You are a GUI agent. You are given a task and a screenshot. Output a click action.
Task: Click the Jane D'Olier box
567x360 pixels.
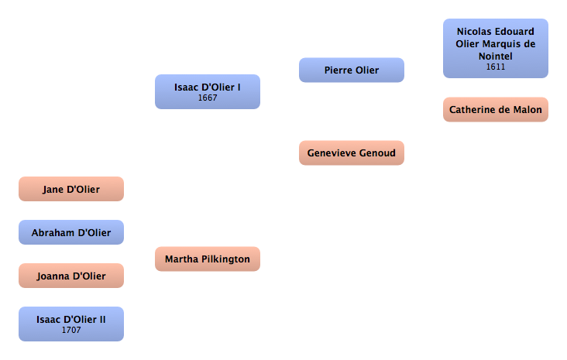pyautogui.click(x=70, y=189)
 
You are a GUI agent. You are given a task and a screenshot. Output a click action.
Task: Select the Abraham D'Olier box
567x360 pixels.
pyautogui.click(x=70, y=232)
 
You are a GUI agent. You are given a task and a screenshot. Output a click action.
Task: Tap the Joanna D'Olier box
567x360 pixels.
pyautogui.click(x=70, y=276)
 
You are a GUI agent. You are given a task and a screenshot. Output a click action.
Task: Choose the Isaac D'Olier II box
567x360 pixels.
pyautogui.click(x=70, y=324)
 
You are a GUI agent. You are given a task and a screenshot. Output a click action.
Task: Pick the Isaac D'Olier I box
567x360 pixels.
pyautogui.click(x=207, y=91)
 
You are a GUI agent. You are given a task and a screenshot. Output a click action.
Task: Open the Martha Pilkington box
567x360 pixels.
pyautogui.click(x=207, y=259)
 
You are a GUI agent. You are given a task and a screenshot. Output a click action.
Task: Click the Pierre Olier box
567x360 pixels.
pyautogui.click(x=351, y=70)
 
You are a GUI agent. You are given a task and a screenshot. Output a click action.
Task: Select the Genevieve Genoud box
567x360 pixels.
pyautogui.click(x=351, y=153)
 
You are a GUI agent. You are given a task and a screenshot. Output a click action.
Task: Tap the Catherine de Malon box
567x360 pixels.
pyautogui.click(x=495, y=110)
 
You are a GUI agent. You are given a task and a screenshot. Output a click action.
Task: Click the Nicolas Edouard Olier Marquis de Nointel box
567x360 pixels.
pyautogui.click(x=495, y=48)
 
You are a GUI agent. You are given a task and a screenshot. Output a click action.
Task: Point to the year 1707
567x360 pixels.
pyautogui.click(x=71, y=331)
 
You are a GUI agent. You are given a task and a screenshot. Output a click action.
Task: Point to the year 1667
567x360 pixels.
pyautogui.click(x=208, y=98)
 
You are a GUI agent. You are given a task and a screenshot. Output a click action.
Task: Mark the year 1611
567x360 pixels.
pyautogui.click(x=496, y=67)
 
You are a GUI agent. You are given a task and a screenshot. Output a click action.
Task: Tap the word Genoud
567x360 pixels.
pyautogui.click(x=376, y=153)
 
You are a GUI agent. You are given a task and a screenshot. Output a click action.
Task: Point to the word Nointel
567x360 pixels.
pyautogui.click(x=496, y=56)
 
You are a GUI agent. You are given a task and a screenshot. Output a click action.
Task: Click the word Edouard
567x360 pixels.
pyautogui.click(x=514, y=32)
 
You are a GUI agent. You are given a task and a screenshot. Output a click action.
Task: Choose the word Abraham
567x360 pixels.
pyautogui.click(x=53, y=232)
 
